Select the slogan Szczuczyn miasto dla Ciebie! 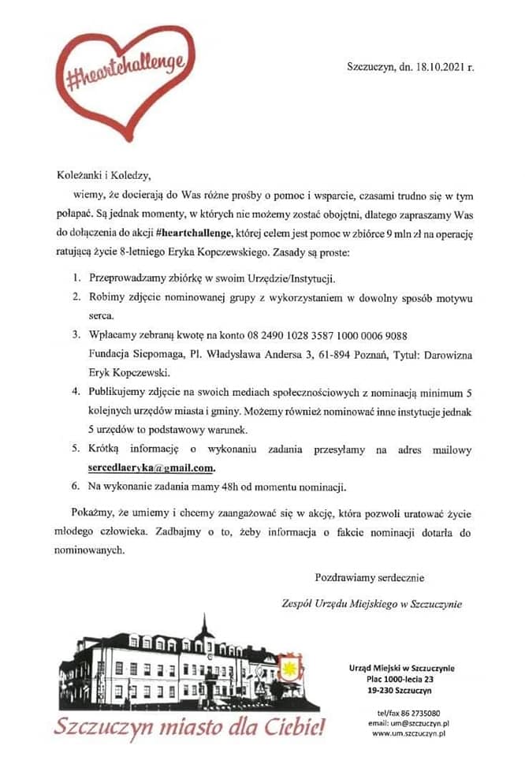(x=189, y=725)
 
